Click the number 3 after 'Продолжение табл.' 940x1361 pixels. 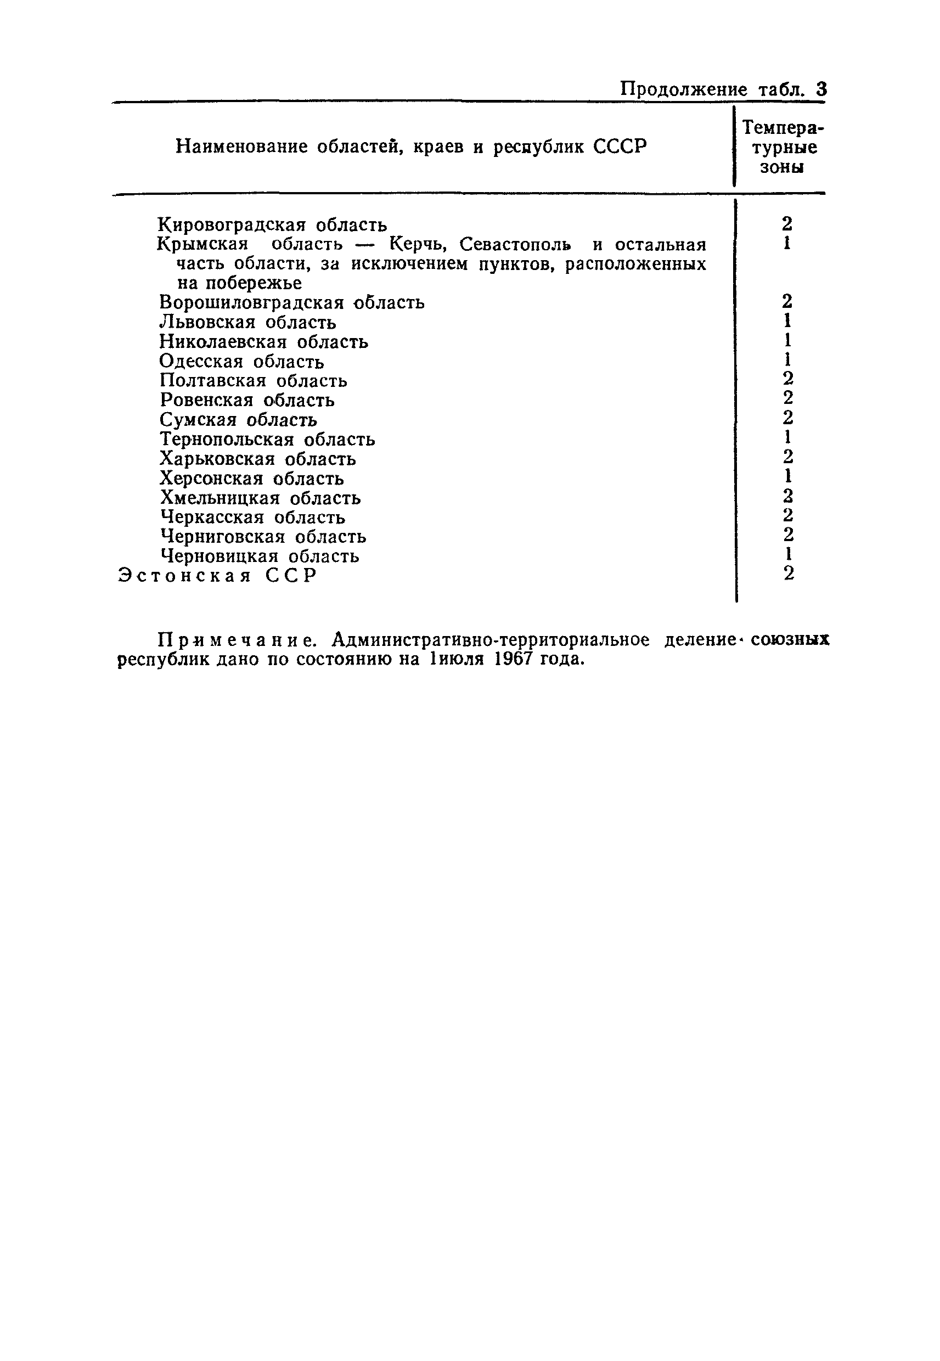pyautogui.click(x=821, y=89)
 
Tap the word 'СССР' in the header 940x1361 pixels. pyautogui.click(x=620, y=146)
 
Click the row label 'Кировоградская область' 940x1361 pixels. pyautogui.click(x=273, y=224)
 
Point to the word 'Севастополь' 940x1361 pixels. pyautogui.click(x=515, y=244)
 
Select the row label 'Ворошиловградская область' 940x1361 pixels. pyautogui.click(x=291, y=303)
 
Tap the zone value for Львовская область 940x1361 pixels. pyautogui.click(x=787, y=321)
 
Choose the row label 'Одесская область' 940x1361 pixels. pyautogui.click(x=241, y=361)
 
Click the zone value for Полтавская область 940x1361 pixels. pyautogui.click(x=787, y=379)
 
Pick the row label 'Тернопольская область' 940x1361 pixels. pyautogui.click(x=267, y=440)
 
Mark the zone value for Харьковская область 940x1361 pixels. pyautogui.click(x=787, y=457)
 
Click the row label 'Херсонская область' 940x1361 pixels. pyautogui.click(x=252, y=478)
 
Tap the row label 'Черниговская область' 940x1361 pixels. pyautogui.click(x=263, y=537)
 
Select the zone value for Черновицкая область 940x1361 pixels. pyautogui.click(x=787, y=554)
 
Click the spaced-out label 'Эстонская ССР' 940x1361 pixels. pyautogui.click(x=217, y=575)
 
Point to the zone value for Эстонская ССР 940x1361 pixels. pyautogui.click(x=789, y=573)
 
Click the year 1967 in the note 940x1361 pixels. pyautogui.click(x=513, y=659)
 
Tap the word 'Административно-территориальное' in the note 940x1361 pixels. pyautogui.click(x=491, y=639)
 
